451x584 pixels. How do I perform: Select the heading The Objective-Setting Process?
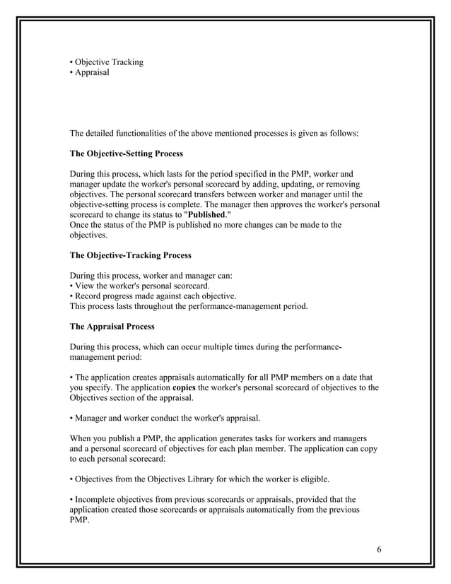(126, 153)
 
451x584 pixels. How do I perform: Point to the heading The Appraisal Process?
(111, 327)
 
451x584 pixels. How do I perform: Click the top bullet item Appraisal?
(91, 72)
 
